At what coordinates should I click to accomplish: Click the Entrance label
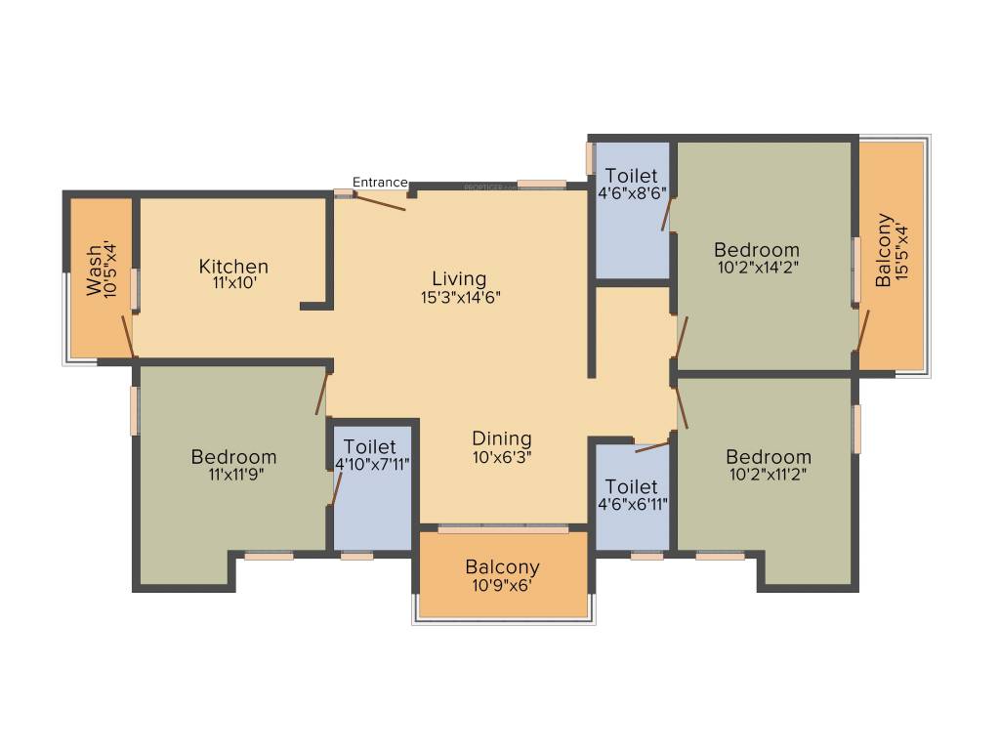pos(380,182)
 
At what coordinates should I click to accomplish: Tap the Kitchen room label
pos(233,267)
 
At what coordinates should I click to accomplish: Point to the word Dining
pos(501,438)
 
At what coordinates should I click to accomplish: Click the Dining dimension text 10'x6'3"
pos(501,456)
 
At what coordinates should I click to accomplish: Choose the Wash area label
pos(93,271)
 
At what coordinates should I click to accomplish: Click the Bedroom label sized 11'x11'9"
pos(233,457)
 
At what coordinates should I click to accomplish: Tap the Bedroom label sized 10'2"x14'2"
pos(756,249)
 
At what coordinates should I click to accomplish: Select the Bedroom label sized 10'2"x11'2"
pos(768,457)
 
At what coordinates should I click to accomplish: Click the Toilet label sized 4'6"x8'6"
pos(632,176)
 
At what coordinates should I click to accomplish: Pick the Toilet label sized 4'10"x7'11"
pos(370,446)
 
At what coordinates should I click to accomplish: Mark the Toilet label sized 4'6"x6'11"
pos(631,486)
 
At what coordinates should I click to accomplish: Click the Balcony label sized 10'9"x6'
pos(502,567)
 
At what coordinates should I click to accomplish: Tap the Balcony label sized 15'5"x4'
pos(883,250)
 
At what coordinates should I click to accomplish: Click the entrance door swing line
pos(381,202)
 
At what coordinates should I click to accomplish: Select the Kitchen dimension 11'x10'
pos(233,284)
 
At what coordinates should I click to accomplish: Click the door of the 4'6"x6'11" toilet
pos(651,447)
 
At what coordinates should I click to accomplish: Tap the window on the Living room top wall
pos(542,184)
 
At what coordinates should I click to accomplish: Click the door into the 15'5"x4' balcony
pos(863,331)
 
